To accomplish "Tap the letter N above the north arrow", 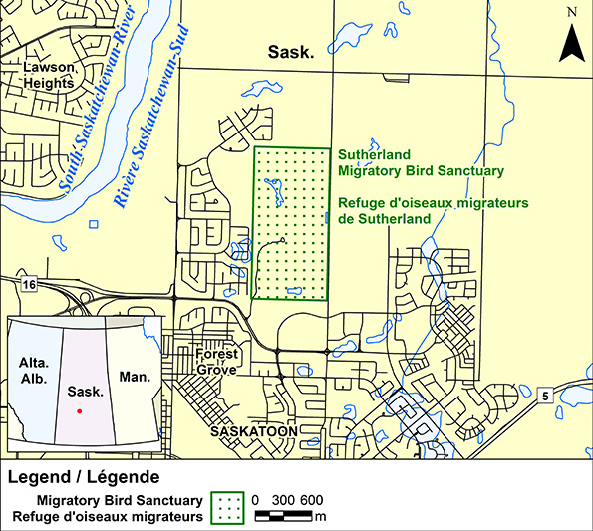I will [x=571, y=12].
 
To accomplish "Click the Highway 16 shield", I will [x=29, y=285].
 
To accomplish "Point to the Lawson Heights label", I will [x=49, y=76].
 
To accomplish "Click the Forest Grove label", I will [x=216, y=362].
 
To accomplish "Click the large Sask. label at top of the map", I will [x=291, y=52].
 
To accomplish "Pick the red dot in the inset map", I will [x=79, y=410].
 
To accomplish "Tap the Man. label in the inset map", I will [x=133, y=379].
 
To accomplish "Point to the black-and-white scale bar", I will [x=284, y=516].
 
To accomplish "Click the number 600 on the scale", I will [x=310, y=499].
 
